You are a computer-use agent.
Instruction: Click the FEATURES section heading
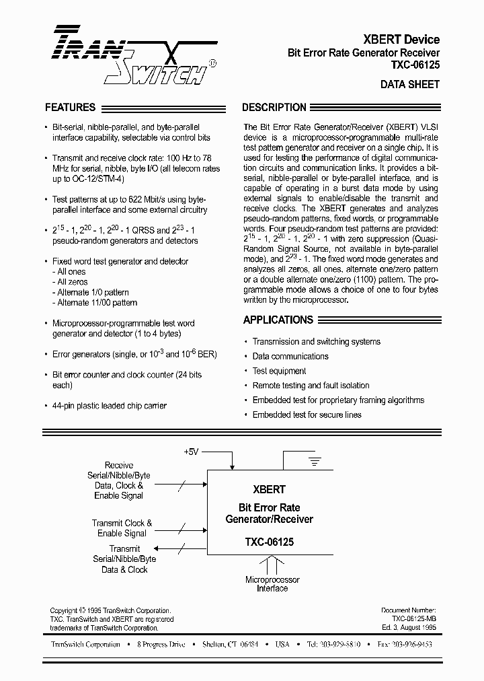pos(70,107)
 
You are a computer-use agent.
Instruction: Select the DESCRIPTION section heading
pos(274,107)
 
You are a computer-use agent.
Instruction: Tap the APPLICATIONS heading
pos(278,320)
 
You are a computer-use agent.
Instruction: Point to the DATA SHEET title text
pos(409,85)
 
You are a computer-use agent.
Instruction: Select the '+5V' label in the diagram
pos(192,451)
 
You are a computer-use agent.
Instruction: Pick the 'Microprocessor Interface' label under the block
pos(272,584)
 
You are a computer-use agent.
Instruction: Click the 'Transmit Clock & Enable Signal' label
pos(122,528)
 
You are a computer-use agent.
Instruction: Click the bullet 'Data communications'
pos(290,356)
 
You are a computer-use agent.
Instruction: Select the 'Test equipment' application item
pos(279,371)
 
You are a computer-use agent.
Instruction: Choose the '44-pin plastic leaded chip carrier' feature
pos(109,406)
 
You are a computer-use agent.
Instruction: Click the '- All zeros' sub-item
pos(71,282)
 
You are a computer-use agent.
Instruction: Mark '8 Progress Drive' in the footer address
pos(161,645)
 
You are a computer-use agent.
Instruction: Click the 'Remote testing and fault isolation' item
pos(311,386)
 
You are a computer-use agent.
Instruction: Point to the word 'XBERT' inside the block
pos(269,490)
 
